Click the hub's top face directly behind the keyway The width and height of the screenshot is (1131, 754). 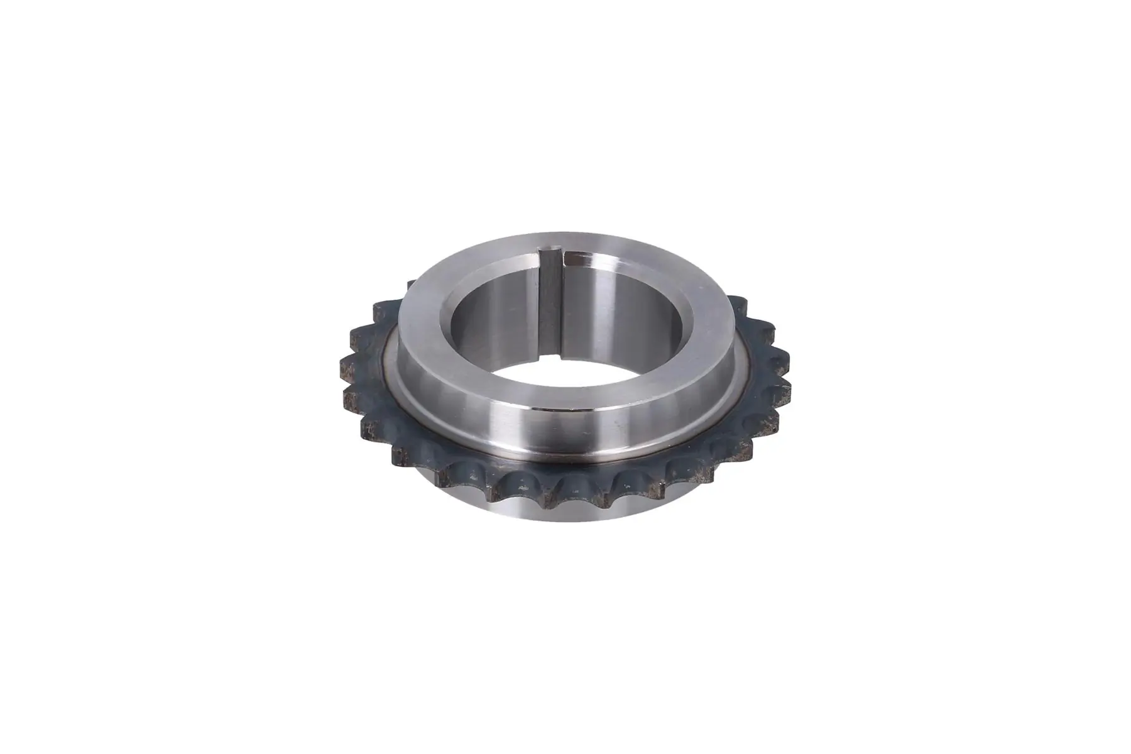coord(553,241)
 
